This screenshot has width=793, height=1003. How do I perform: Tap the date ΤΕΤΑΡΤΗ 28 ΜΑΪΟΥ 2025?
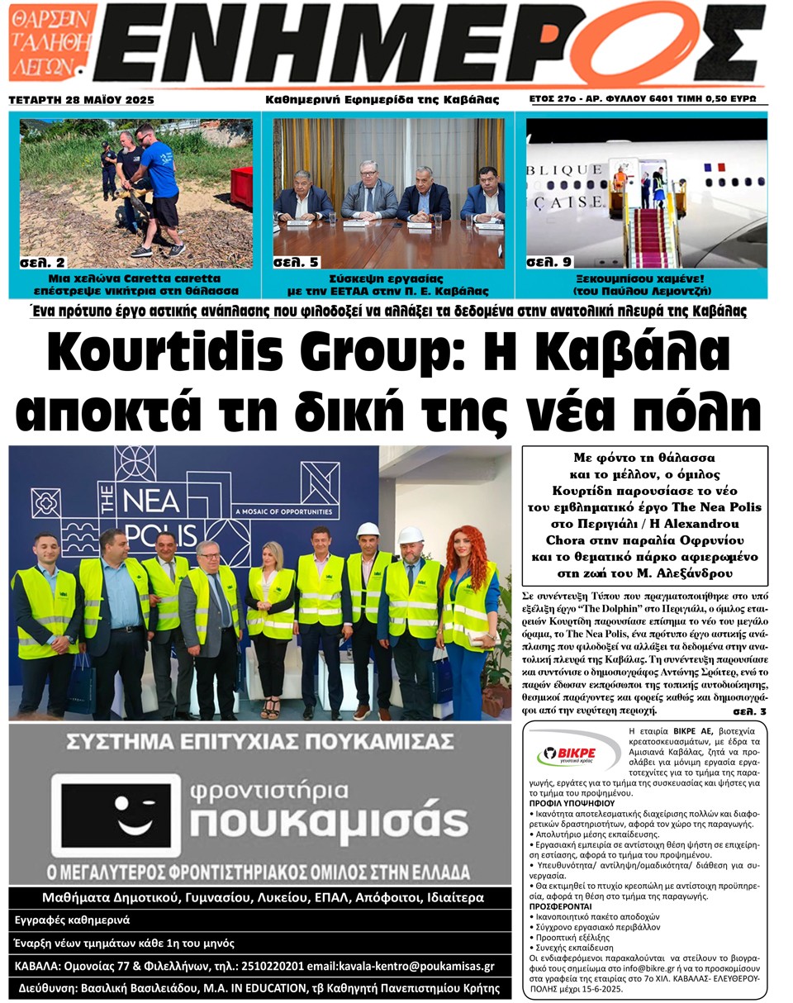pyautogui.click(x=81, y=100)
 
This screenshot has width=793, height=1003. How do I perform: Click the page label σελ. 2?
pyautogui.click(x=43, y=263)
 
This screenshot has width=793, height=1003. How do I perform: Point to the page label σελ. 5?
pyautogui.click(x=295, y=263)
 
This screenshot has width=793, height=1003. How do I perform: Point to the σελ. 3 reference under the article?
pyautogui.click(x=749, y=711)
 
